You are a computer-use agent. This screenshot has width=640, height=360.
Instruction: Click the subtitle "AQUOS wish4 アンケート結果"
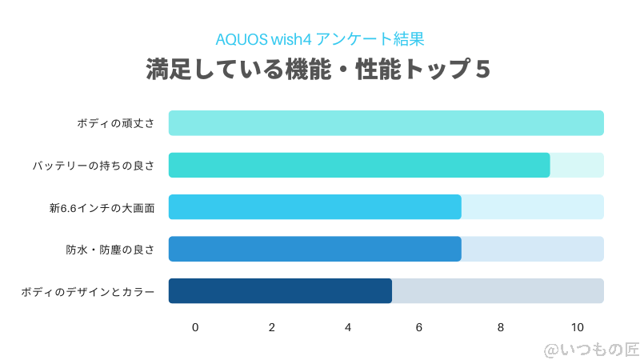pos(318,38)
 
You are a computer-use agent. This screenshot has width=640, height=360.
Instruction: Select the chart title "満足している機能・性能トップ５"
pos(318,70)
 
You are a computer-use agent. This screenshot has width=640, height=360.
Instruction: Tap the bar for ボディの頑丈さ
pos(386,123)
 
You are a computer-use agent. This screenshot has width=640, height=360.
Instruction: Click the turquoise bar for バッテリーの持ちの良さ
pos(359,165)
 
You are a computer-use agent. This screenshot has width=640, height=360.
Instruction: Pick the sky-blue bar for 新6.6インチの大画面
pos(315,206)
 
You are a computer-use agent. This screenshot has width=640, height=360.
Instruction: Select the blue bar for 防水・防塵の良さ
pos(315,249)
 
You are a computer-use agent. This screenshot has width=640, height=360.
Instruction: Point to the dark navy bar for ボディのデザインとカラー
pos(280,290)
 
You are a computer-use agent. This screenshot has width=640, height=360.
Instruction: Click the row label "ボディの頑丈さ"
pos(116,124)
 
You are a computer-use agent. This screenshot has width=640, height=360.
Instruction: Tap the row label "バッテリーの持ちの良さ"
pos(94,166)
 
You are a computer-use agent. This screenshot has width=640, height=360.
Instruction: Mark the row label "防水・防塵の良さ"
pos(110,250)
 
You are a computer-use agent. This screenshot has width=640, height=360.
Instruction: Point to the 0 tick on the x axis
pos(195,327)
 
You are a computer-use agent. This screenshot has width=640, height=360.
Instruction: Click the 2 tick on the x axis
pos(272,327)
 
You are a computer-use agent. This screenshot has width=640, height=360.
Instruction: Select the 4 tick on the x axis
pos(348,327)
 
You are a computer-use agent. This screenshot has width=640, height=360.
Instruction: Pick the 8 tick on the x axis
pos(501,327)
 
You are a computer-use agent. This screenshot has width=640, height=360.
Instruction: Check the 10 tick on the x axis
pos(578,327)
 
